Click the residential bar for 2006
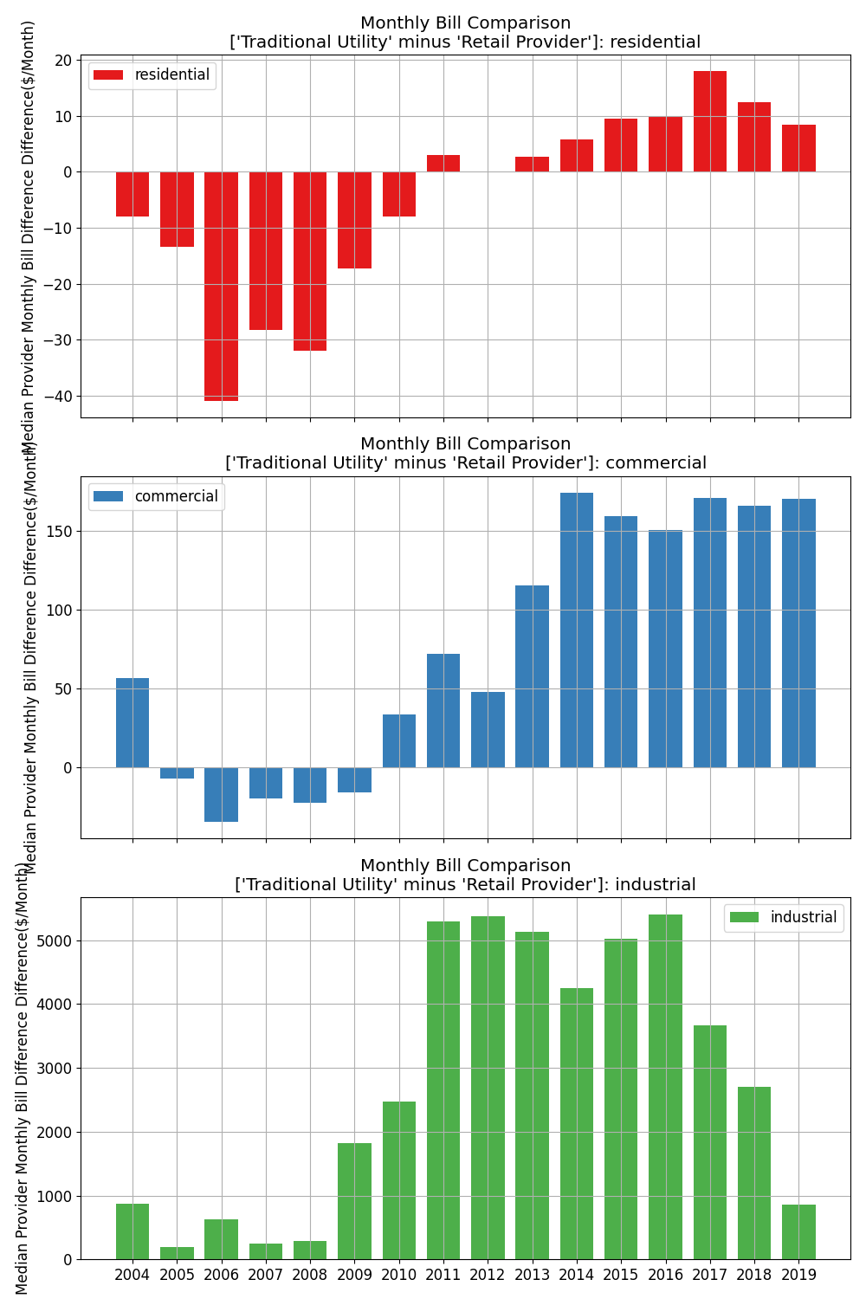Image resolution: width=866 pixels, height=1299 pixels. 221,286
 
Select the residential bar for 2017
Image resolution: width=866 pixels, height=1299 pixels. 710,121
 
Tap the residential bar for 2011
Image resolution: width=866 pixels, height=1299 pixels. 443,164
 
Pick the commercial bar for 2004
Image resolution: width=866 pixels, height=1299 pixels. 132,722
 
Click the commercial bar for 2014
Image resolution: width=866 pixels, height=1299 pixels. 577,630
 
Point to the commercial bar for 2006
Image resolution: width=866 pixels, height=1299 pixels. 221,794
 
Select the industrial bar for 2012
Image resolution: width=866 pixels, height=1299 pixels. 488,1088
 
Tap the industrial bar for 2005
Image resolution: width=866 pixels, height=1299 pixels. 177,1253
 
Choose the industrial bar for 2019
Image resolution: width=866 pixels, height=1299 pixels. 798,1231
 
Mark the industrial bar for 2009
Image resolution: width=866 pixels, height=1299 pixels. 354,1201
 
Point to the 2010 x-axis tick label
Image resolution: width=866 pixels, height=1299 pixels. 399,1275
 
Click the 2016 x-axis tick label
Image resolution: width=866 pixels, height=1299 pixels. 666,1275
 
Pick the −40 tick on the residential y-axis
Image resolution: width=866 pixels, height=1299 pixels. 61,397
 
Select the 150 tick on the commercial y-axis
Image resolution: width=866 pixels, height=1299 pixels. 61,531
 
